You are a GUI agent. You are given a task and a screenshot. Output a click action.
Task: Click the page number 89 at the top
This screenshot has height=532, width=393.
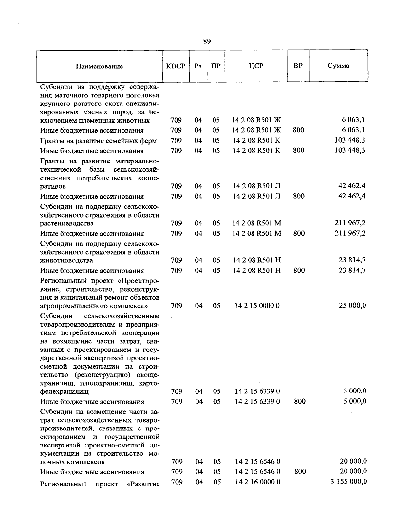point(207,41)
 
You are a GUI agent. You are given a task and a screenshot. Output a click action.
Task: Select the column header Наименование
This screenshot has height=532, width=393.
point(99,66)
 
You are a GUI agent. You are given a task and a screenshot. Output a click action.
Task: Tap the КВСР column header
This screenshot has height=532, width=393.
point(176,66)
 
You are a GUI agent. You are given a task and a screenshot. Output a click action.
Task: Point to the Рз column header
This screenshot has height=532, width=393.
point(198,66)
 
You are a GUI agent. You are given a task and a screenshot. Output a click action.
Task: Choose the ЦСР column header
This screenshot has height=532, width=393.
point(256,66)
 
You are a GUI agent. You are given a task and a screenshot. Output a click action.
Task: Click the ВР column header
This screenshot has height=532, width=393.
point(298,66)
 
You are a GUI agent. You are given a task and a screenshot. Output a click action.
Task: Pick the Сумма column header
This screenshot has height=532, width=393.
point(338,66)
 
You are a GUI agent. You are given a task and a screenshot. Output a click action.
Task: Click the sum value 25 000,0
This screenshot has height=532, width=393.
point(352,305)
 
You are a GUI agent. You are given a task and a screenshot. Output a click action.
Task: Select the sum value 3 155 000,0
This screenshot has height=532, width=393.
point(349,481)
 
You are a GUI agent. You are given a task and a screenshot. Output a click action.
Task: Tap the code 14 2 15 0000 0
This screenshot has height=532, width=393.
point(257,306)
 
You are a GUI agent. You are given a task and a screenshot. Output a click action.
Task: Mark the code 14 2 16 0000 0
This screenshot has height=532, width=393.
point(258,482)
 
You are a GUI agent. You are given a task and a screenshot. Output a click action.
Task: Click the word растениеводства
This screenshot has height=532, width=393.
point(66,223)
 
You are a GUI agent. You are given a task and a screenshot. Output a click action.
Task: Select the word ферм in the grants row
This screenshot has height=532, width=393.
point(148,141)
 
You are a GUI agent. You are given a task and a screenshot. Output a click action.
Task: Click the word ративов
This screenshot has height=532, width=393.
point(53,186)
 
